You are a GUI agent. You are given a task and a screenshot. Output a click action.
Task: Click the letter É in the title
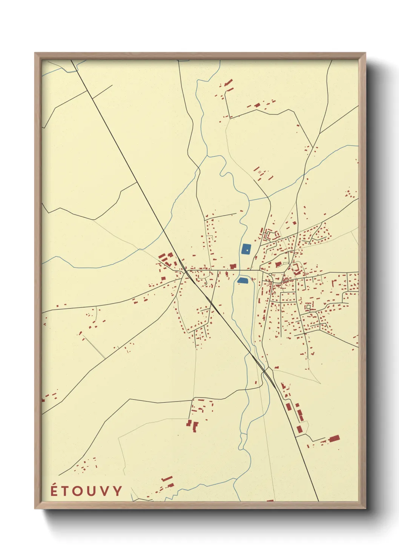pos(54,490)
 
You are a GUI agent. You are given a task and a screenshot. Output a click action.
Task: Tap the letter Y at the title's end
pos(118,491)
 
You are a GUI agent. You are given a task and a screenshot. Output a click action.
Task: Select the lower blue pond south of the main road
pos(242,280)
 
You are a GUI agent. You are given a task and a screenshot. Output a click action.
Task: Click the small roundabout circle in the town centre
pos(270,274)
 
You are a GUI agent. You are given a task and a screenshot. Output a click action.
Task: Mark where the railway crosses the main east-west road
pos(186,270)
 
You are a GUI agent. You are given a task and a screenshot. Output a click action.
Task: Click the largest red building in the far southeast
pos(334,438)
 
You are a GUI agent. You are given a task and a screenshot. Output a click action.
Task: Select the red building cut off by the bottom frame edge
pos(270,501)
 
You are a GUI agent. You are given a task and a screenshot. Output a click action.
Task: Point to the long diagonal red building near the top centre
pos(228,83)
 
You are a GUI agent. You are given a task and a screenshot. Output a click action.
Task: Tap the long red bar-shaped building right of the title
pos(167,478)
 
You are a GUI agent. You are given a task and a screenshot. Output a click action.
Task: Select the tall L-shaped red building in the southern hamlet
pos(195,426)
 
